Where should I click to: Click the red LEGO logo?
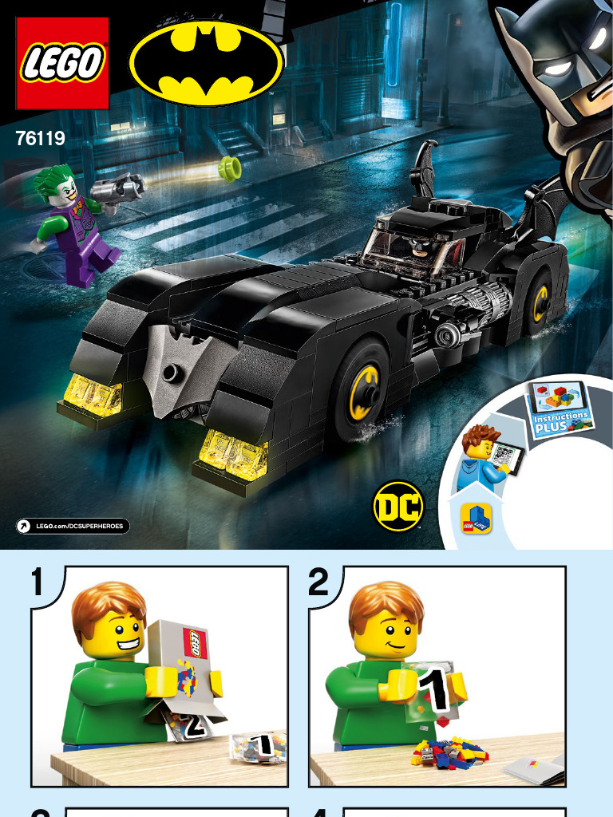tap(62, 63)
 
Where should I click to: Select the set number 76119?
tap(40, 139)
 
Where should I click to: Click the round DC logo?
tap(398, 505)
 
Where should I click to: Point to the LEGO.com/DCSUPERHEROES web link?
tap(73, 527)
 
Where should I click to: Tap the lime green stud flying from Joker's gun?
tap(230, 169)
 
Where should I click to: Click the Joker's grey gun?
tap(118, 189)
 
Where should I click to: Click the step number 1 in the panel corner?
tap(37, 582)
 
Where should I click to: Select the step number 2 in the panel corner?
tap(318, 582)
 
